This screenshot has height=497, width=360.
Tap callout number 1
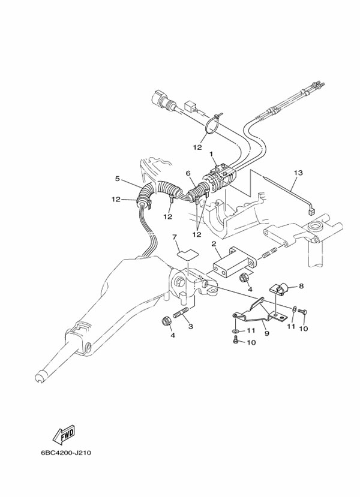(x=212, y=153)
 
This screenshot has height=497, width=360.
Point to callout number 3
(x=191, y=326)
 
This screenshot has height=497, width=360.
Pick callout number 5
(x=118, y=178)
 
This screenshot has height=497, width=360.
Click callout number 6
(x=188, y=173)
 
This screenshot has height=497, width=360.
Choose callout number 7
(x=175, y=238)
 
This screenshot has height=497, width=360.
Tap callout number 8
(x=301, y=287)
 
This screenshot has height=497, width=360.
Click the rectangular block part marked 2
(x=233, y=262)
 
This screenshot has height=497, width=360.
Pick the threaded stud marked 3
(x=181, y=313)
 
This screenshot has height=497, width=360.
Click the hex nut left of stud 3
(x=167, y=322)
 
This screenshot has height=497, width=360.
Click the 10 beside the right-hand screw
(x=304, y=329)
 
